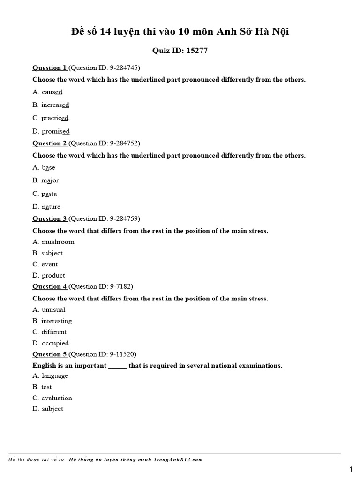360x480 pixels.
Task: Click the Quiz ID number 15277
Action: (197, 51)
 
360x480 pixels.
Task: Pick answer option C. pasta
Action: (45, 194)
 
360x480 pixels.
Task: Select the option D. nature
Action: (46, 207)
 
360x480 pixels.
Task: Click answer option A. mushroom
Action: (53, 242)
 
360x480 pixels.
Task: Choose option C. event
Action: (45, 264)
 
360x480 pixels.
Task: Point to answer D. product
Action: (49, 275)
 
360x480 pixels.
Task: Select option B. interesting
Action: (52, 321)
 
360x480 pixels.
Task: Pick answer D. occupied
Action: (51, 343)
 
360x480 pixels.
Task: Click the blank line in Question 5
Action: (118, 366)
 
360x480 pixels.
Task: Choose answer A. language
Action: (50, 375)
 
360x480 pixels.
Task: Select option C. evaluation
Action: (52, 398)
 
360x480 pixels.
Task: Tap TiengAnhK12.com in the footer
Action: (180, 459)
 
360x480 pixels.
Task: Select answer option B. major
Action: (45, 180)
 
